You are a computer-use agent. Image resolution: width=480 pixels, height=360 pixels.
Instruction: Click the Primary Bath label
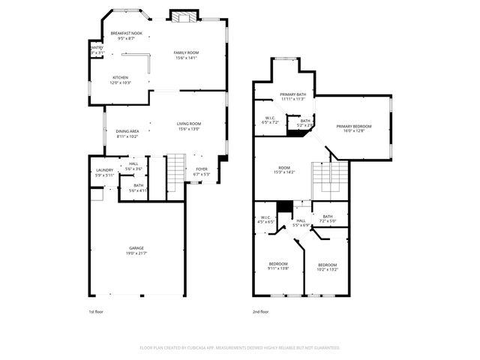[x=292, y=96]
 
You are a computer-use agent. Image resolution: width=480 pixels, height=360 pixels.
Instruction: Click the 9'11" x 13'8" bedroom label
[x=279, y=265]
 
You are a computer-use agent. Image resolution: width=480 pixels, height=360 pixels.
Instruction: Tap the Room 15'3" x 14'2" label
[x=284, y=170]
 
